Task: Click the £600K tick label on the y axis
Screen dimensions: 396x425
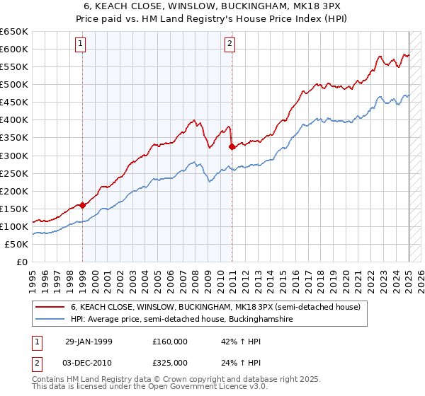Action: [14, 49]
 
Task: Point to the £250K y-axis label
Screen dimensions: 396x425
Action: [14, 173]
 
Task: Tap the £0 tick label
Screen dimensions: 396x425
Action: [21, 262]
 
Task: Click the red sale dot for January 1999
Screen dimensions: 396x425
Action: [83, 205]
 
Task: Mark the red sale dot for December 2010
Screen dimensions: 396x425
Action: [232, 146]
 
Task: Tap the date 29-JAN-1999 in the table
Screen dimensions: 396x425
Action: [88, 341]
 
